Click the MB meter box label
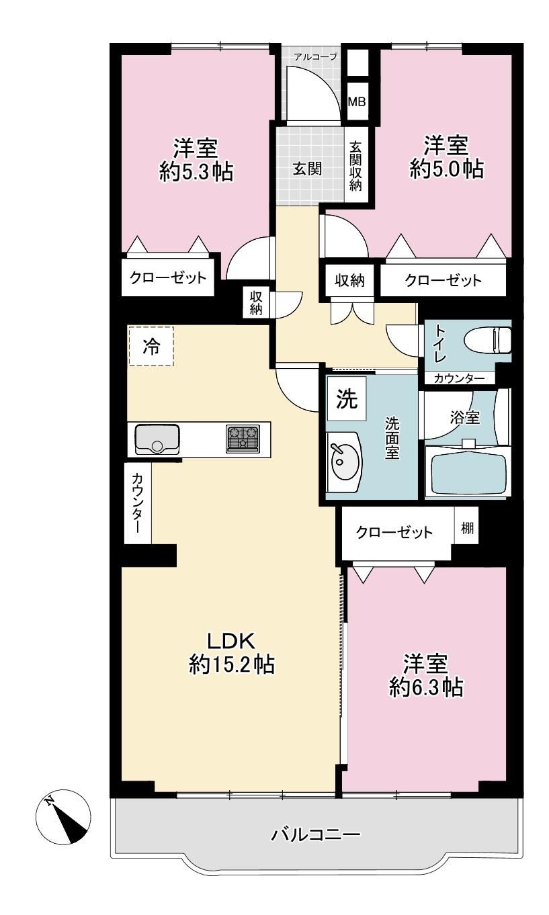tap(356, 101)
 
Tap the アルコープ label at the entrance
tap(315, 57)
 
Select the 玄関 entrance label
tap(307, 169)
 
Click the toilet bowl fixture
tap(488, 340)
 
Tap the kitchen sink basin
tap(157, 439)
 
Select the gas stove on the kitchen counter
tap(243, 439)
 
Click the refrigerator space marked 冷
tap(151, 346)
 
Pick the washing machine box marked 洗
tap(347, 398)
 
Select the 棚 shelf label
tap(467, 528)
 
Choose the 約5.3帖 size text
tap(196, 171)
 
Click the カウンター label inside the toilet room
tap(459, 378)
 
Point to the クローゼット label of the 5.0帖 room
tap(444, 281)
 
